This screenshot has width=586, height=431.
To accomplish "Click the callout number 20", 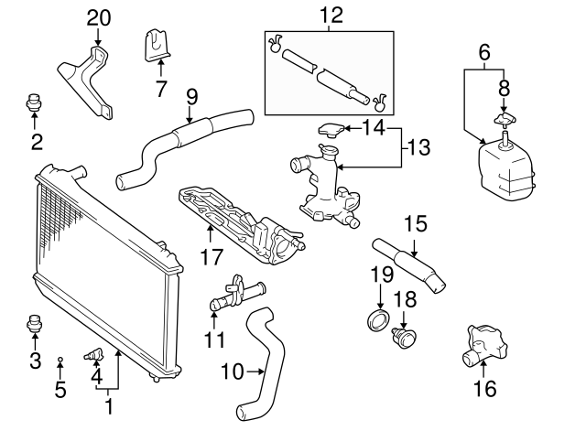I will (x=98, y=17).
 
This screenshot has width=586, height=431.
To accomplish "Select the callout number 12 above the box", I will (x=330, y=15).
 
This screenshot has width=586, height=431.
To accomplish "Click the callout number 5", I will (x=60, y=391).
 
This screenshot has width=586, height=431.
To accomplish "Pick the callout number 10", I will (x=233, y=372).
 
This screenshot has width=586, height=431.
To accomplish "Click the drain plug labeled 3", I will (x=35, y=324).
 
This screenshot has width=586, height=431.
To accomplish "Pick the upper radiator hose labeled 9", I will (x=183, y=142).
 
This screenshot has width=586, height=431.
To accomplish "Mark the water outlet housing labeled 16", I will (x=483, y=343).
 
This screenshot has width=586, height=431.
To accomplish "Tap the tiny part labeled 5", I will (x=60, y=360).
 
